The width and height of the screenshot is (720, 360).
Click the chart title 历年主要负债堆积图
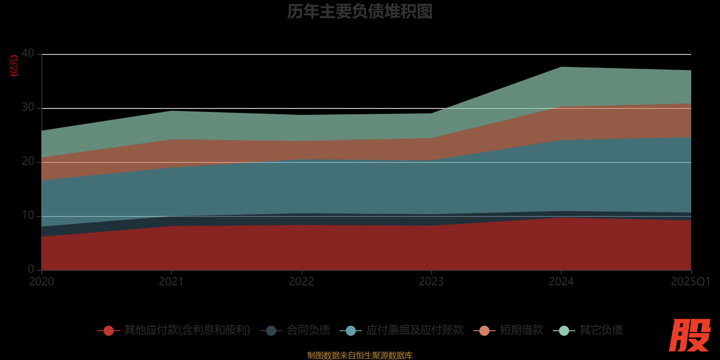pyautogui.click(x=360, y=12)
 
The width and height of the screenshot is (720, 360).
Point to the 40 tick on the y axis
pyautogui.click(x=28, y=53)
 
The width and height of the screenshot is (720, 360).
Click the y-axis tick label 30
pyautogui.click(x=28, y=107)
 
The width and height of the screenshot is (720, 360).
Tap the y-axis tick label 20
pyautogui.click(x=28, y=161)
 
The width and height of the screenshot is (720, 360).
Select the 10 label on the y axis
pyautogui.click(x=28, y=215)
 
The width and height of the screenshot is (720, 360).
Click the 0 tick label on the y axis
pyautogui.click(x=31, y=269)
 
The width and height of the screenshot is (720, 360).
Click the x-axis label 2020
pyautogui.click(x=41, y=282)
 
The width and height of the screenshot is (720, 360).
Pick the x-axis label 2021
pyautogui.click(x=171, y=282)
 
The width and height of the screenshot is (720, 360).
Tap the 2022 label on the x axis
pyautogui.click(x=301, y=282)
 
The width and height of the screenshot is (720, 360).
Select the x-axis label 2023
pyautogui.click(x=431, y=282)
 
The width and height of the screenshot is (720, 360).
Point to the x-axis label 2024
pyautogui.click(x=561, y=282)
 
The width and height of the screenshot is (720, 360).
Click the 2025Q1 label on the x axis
pyautogui.click(x=690, y=282)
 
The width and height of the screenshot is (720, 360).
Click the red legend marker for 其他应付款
pyautogui.click(x=108, y=331)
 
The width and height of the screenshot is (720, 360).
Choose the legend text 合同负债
pyautogui.click(x=308, y=330)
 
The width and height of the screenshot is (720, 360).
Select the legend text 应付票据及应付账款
pyautogui.click(x=414, y=330)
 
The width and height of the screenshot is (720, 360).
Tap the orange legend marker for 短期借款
pyautogui.click(x=484, y=331)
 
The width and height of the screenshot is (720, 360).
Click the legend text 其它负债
pyautogui.click(x=601, y=330)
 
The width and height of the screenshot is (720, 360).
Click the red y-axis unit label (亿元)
pyautogui.click(x=14, y=66)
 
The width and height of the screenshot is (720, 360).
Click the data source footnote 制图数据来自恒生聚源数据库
pyautogui.click(x=360, y=355)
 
